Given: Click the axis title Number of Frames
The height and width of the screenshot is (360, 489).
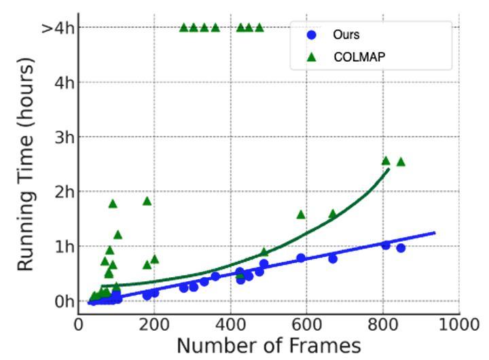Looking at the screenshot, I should pos(268,346).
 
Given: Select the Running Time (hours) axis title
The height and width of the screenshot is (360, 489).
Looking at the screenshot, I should pos(26,164).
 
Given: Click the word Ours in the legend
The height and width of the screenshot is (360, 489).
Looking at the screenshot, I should pos(346,35).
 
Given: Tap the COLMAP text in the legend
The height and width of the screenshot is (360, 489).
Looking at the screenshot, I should pos(359,57).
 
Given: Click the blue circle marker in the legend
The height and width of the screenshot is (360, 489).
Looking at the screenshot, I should pos(312,35).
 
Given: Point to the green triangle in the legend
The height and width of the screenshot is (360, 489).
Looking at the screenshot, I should pos(312,57).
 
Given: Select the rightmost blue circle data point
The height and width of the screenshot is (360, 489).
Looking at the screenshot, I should pos(401,248).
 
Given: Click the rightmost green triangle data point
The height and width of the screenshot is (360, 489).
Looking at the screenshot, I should pos(401,162).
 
